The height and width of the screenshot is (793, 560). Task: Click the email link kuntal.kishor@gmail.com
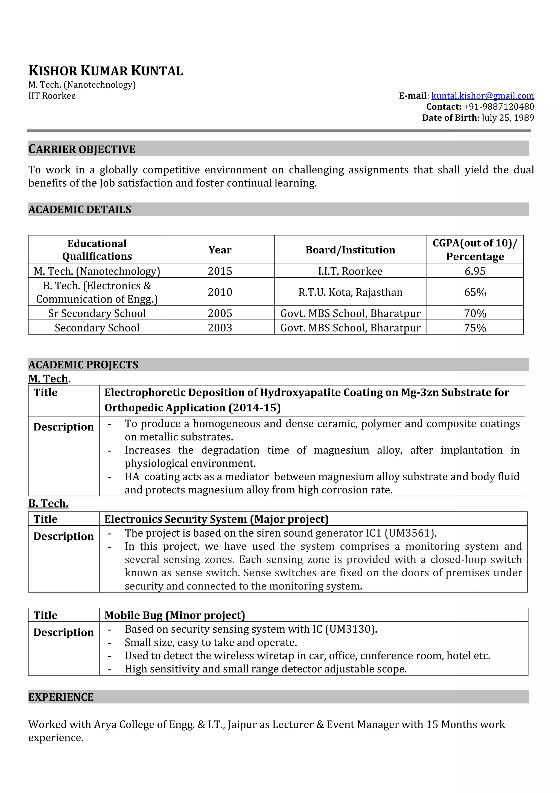pyautogui.click(x=482, y=96)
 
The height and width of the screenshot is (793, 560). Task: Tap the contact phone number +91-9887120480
pyautogui.click(x=498, y=107)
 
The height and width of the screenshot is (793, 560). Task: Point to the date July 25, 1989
pyautogui.click(x=507, y=118)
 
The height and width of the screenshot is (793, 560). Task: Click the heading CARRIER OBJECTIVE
pyautogui.click(x=82, y=149)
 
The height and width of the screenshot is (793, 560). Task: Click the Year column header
pyautogui.click(x=220, y=250)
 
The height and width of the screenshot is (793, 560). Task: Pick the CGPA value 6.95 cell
pyautogui.click(x=475, y=271)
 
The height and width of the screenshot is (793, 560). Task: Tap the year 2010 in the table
pyautogui.click(x=220, y=292)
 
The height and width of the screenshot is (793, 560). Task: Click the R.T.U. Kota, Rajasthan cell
pyautogui.click(x=350, y=292)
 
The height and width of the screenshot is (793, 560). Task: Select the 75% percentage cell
pyautogui.click(x=475, y=328)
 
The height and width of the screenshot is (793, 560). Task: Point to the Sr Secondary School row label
pyautogui.click(x=97, y=313)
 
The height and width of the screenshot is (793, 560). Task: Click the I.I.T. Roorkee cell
pyautogui.click(x=350, y=271)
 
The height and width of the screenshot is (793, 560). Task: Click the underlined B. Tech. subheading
pyautogui.click(x=48, y=503)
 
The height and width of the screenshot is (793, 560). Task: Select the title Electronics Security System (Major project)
pyautogui.click(x=216, y=519)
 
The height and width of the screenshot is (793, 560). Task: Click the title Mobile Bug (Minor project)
pyautogui.click(x=175, y=615)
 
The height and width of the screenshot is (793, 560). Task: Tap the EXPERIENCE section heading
pyautogui.click(x=61, y=697)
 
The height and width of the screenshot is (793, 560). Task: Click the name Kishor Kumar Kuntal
pyautogui.click(x=106, y=71)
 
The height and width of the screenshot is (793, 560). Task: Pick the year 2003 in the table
pyautogui.click(x=220, y=328)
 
